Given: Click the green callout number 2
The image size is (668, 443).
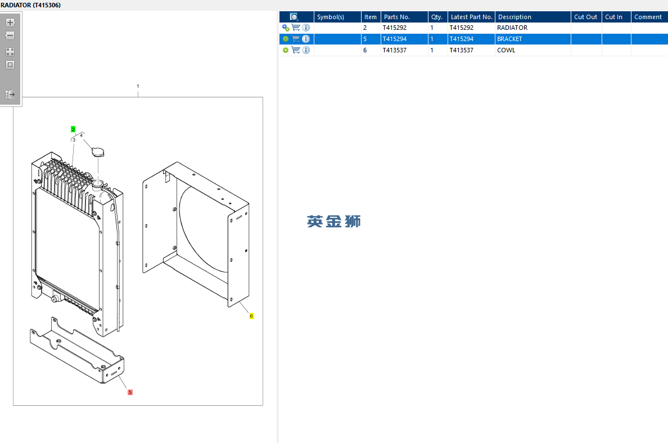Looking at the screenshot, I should pyautogui.click(x=73, y=129).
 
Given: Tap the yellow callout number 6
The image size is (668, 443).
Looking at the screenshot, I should pyautogui.click(x=251, y=316).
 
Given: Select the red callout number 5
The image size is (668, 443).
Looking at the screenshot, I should pyautogui.click(x=130, y=392).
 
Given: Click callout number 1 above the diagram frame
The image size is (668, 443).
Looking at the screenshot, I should pyautogui.click(x=138, y=86).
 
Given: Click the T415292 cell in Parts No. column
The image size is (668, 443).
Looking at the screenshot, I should pyautogui.click(x=394, y=28).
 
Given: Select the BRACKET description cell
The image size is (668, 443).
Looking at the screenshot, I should pyautogui.click(x=509, y=39).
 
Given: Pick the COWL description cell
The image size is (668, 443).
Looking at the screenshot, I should pyautogui.click(x=506, y=50).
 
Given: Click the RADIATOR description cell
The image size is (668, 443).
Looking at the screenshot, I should pyautogui.click(x=512, y=28).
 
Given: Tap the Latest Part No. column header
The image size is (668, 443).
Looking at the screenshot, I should pyautogui.click(x=471, y=17).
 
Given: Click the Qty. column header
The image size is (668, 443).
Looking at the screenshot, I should pyautogui.click(x=437, y=17).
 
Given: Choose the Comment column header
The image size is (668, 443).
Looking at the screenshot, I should pyautogui.click(x=648, y=17).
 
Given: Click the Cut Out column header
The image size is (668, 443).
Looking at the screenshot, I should pyautogui.click(x=585, y=17).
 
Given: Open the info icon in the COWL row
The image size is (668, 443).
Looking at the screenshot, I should pyautogui.click(x=306, y=50).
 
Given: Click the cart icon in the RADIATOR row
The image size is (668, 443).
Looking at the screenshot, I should pyautogui.click(x=296, y=28).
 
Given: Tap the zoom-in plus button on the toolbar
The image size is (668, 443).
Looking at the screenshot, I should pyautogui.click(x=10, y=23).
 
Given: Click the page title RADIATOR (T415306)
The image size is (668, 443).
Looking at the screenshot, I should pyautogui.click(x=30, y=5).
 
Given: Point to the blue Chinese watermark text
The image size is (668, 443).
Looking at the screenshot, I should pyautogui.click(x=333, y=221).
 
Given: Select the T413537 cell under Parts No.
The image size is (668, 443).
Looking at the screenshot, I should pyautogui.click(x=394, y=50).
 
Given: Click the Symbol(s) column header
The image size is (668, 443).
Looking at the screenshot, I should pyautogui.click(x=331, y=17).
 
